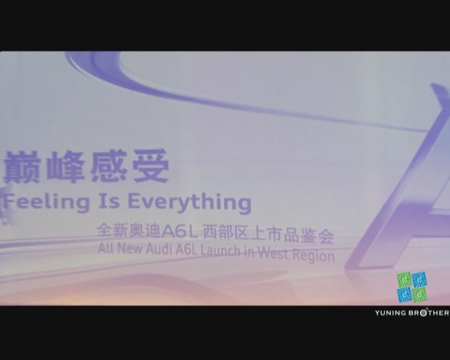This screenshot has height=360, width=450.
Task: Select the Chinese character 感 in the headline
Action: coord(109,166)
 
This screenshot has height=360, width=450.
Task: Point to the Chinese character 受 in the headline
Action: coord(151,166)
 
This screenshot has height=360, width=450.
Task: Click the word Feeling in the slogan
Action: coord(46,201)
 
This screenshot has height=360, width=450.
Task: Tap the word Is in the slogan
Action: coord(109,201)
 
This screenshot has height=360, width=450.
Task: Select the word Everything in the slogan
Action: coord(190,202)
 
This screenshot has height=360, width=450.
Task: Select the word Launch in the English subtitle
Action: coord(220,251)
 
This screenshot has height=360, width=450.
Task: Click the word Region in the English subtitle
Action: coord(314,255)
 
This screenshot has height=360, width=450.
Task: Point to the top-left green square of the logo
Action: coord(404,279)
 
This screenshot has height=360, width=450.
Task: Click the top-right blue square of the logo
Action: coord(419,279)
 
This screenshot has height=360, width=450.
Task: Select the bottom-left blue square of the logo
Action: coord(404,295)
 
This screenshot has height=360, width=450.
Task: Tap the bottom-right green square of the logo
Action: coord(420,294)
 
